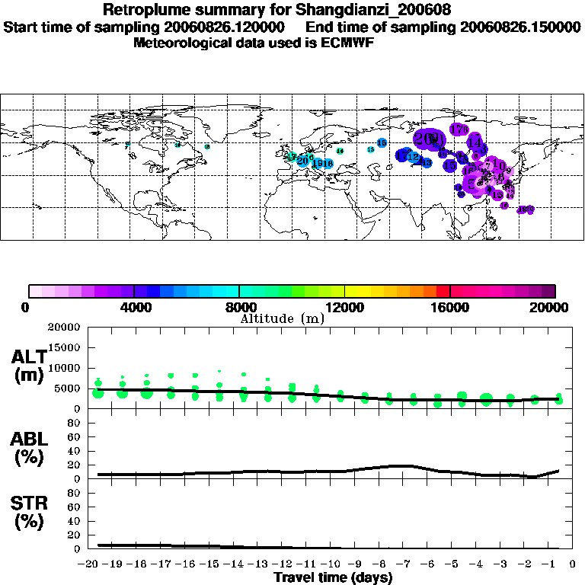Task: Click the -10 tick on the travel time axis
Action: (333, 564)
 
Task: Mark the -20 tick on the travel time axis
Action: (91, 564)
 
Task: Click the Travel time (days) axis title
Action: (333, 577)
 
